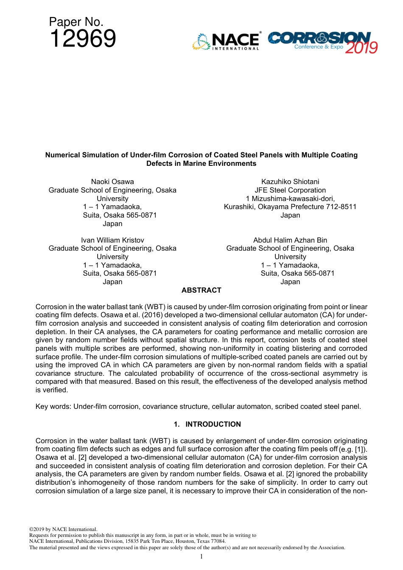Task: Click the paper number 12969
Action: [83, 39]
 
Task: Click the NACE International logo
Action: [227, 42]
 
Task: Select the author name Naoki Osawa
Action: [112, 182]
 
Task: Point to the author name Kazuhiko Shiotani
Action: [290, 182]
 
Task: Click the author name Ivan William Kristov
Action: [112, 240]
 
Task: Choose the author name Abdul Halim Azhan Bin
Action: [290, 240]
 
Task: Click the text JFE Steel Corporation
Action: [290, 190]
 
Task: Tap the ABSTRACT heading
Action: [201, 290]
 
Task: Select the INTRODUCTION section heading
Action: [213, 424]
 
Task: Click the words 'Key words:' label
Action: [53, 406]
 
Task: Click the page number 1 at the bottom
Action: [201, 556]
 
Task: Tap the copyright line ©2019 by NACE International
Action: [63, 529]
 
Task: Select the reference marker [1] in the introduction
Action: [360, 449]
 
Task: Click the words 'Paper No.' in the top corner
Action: [76, 22]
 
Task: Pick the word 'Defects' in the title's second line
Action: [159, 164]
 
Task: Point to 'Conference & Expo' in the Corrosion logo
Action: [319, 47]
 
